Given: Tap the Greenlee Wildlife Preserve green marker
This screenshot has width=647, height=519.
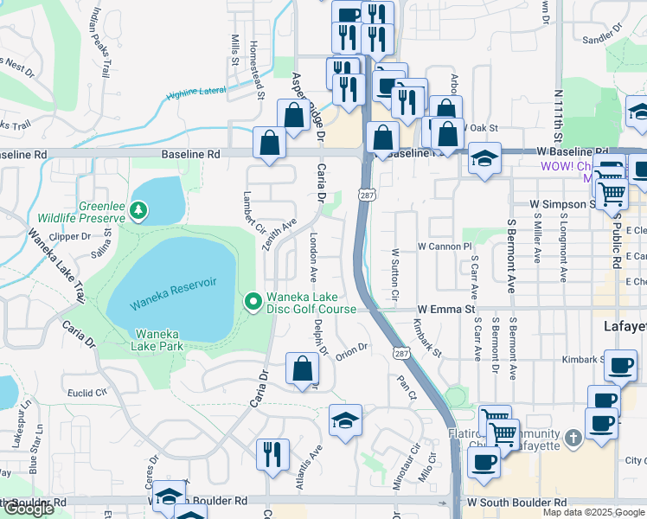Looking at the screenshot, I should click(139, 210).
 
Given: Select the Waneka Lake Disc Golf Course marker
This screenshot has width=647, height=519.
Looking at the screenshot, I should click(253, 301).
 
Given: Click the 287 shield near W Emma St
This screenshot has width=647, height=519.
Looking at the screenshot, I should click(400, 353).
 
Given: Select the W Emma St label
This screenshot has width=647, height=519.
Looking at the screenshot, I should click(446, 309).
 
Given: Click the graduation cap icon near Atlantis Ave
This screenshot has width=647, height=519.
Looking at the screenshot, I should click(346, 420).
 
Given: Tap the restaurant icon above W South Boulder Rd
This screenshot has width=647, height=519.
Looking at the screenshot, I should click(272, 454).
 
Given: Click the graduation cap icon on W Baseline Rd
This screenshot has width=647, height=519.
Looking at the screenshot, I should click(484, 158).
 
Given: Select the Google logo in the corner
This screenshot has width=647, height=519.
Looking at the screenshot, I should click(29, 509).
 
